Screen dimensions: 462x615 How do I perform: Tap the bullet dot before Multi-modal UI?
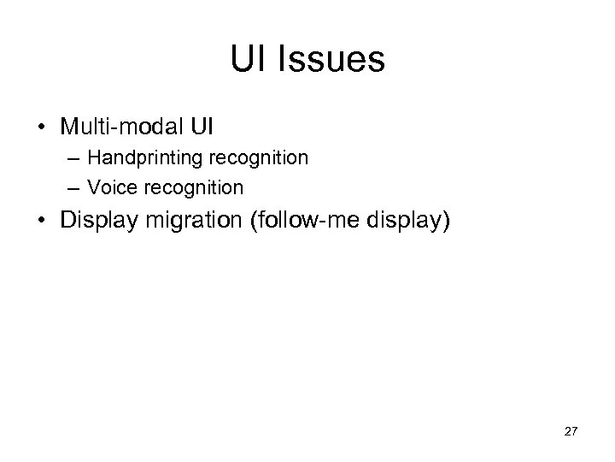41,127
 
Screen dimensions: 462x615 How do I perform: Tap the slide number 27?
571,431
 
